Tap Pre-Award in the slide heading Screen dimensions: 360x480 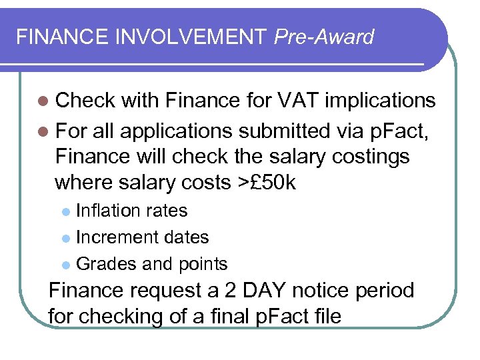click(x=324, y=37)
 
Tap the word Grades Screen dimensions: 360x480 click(x=107, y=264)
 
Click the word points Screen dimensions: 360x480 click(x=202, y=264)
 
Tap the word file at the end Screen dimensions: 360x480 click(x=323, y=316)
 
